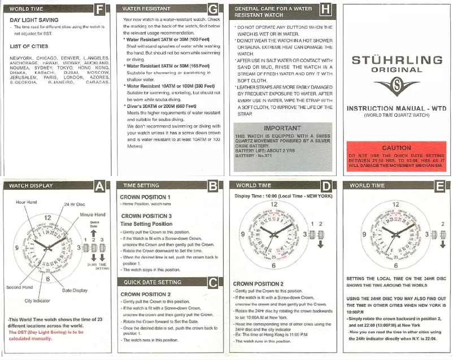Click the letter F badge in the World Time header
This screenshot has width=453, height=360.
tap(100, 10)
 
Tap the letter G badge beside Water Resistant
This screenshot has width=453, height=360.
tap(212, 10)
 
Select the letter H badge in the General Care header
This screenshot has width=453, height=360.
tap(325, 10)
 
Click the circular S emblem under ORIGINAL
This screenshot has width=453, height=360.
tap(396, 86)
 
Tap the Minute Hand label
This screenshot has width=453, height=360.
tap(92, 215)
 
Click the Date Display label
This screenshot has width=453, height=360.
tap(75, 290)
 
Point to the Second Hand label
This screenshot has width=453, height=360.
tap(19, 288)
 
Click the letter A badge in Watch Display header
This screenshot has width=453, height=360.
tap(100, 186)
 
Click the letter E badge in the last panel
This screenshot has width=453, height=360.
tap(438, 186)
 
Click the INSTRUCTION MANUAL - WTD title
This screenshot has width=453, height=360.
tap(396, 108)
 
